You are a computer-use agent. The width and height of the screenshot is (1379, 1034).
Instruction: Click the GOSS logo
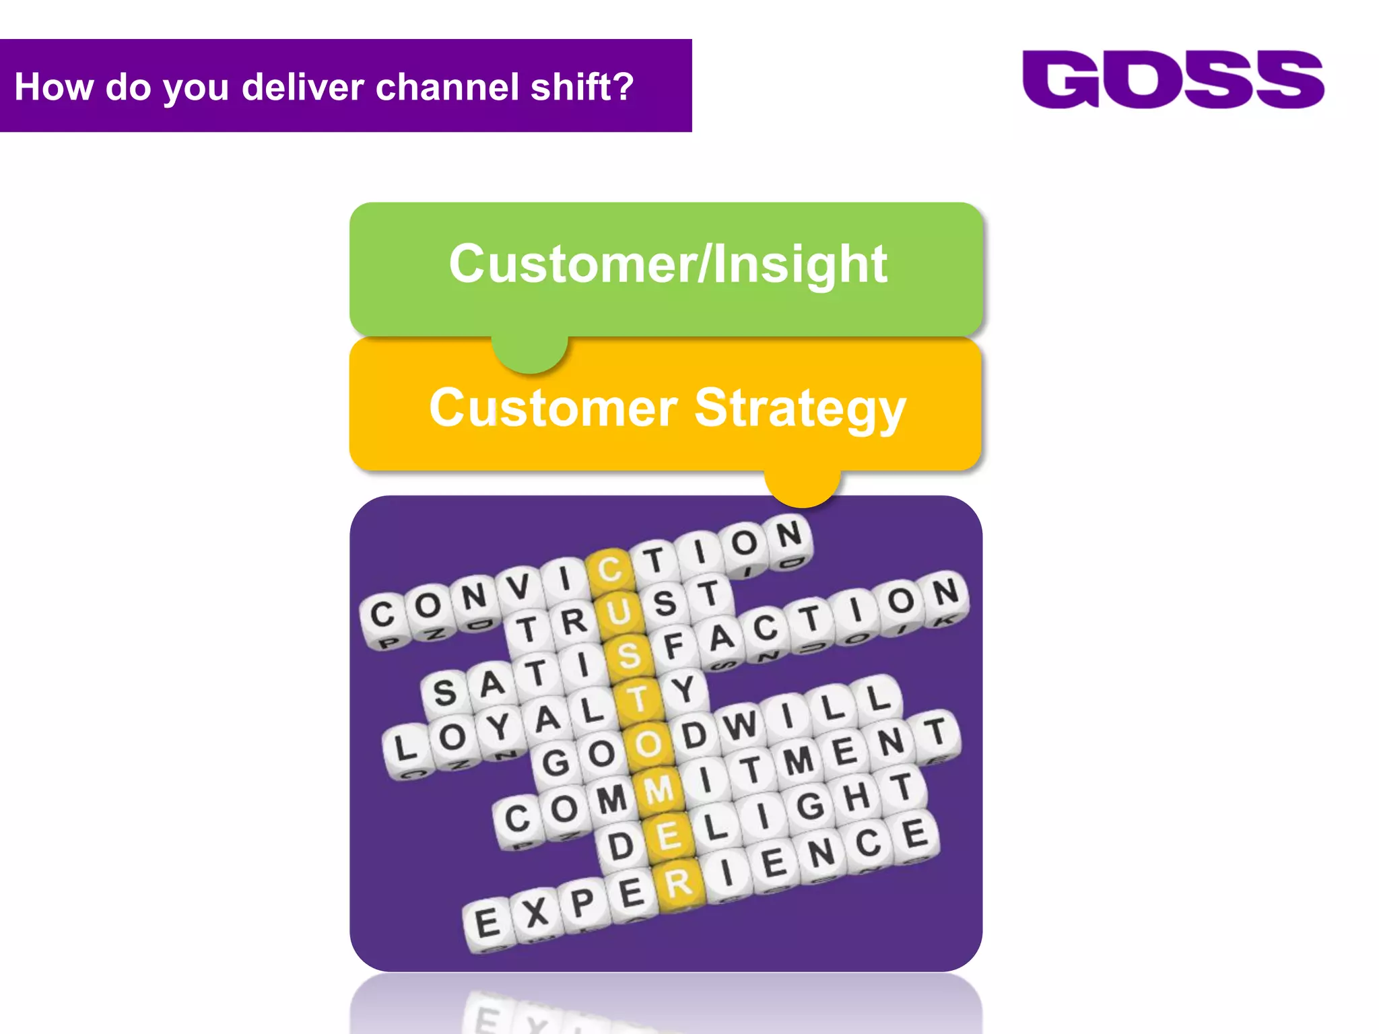click(x=1172, y=79)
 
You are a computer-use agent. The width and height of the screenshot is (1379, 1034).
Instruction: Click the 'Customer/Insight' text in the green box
click(x=667, y=264)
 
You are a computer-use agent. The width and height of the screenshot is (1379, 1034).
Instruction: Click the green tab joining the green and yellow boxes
click(x=530, y=353)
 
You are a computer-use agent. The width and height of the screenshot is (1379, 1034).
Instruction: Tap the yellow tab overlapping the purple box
click(x=802, y=487)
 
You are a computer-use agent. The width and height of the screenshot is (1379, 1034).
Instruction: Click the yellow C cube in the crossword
click(x=610, y=570)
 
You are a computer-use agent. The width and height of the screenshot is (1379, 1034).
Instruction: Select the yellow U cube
click(x=619, y=613)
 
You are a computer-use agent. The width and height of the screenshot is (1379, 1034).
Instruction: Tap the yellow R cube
click(x=679, y=883)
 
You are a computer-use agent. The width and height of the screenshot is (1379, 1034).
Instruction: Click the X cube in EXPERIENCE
click(x=536, y=914)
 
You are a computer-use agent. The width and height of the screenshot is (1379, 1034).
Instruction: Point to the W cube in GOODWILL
click(x=741, y=726)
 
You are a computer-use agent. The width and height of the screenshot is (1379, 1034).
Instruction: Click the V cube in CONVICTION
click(x=518, y=587)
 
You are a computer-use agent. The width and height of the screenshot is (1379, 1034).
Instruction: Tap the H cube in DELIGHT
click(x=856, y=797)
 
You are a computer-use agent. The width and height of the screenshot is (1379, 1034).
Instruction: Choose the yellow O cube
click(x=648, y=745)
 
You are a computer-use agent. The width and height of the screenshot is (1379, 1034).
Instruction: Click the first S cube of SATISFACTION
click(x=444, y=693)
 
